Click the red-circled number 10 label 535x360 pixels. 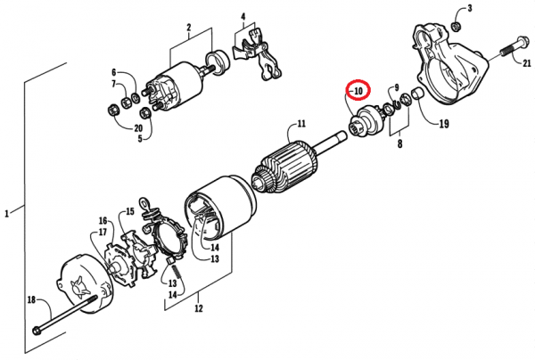(x=358, y=91)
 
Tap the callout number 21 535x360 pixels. (x=527, y=63)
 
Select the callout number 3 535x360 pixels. (x=470, y=8)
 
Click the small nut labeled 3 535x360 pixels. (x=455, y=26)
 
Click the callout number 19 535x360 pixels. (x=443, y=124)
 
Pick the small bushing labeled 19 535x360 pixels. (x=417, y=94)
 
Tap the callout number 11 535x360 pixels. (x=301, y=123)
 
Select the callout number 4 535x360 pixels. (x=243, y=16)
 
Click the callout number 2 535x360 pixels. (x=189, y=28)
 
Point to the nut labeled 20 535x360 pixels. (x=113, y=110)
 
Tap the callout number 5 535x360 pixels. (x=140, y=139)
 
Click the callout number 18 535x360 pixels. (x=31, y=300)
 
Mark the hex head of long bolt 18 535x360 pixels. (x=37, y=331)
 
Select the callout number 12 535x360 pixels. (x=199, y=308)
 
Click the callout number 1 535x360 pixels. (x=6, y=214)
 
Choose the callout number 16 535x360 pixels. (x=103, y=221)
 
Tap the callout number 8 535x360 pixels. (x=399, y=143)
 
